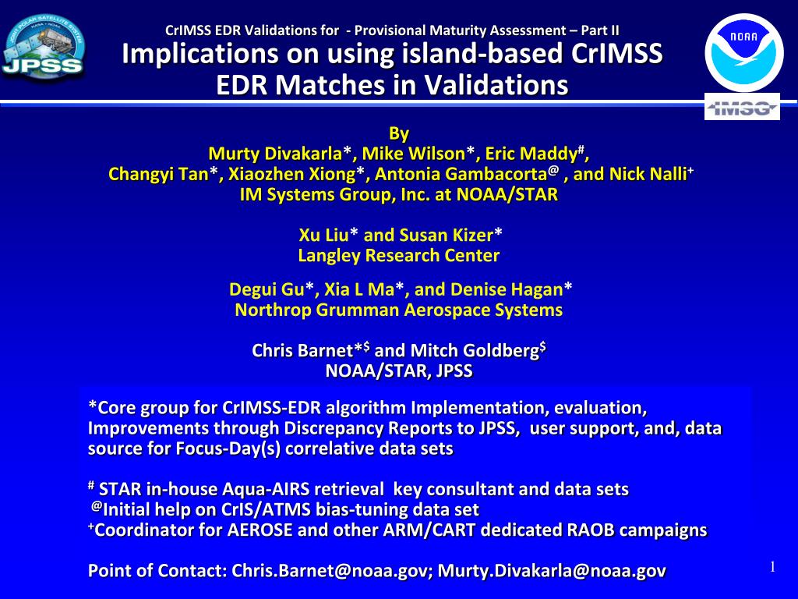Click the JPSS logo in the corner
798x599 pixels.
tap(43, 47)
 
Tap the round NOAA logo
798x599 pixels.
tap(743, 52)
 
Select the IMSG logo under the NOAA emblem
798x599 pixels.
tap(742, 107)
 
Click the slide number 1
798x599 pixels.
tap(772, 567)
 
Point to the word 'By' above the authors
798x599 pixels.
tap(399, 133)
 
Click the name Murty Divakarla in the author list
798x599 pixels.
tap(275, 154)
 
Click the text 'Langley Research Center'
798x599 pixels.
tap(399, 255)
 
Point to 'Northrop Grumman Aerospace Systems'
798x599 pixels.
tap(399, 310)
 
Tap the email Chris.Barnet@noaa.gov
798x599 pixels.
tap(329, 570)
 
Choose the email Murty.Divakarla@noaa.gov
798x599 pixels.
tap(552, 570)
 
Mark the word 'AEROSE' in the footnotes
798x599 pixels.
tap(260, 530)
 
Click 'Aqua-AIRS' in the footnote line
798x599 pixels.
tap(267, 489)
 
